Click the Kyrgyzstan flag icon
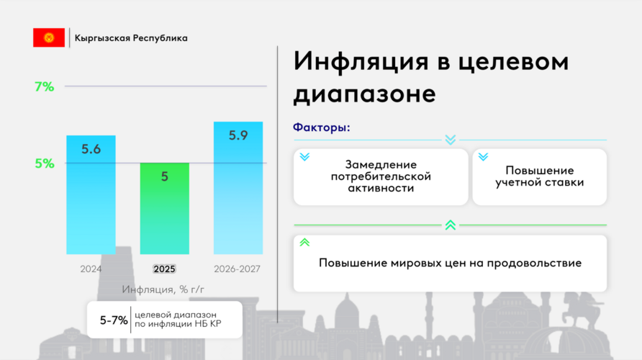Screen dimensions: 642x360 pos(49,37)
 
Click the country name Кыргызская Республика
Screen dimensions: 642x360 pos(131,38)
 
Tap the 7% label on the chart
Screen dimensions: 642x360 pos(44,87)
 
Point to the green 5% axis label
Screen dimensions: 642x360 pos(44,163)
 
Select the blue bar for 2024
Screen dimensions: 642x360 pos(91,195)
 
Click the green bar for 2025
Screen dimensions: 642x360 pos(165,209)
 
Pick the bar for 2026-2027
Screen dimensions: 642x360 pos(238,188)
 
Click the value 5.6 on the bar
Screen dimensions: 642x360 pos(91,149)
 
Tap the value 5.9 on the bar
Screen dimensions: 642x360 pos(238,135)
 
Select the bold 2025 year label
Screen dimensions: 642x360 pos(164,269)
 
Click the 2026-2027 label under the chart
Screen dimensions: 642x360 pos(237,269)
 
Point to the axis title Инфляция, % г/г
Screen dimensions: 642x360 pos(163,289)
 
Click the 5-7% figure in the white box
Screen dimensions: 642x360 pos(114,320)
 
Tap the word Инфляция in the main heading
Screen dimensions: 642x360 pos(361,62)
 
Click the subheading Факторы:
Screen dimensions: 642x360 pos(322,127)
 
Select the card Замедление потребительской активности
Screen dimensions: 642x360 pos(381,177)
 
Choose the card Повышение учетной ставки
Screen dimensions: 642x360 pos(540,177)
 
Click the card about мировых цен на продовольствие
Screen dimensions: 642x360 pos(450,264)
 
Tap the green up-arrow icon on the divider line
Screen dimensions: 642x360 pos(451,225)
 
